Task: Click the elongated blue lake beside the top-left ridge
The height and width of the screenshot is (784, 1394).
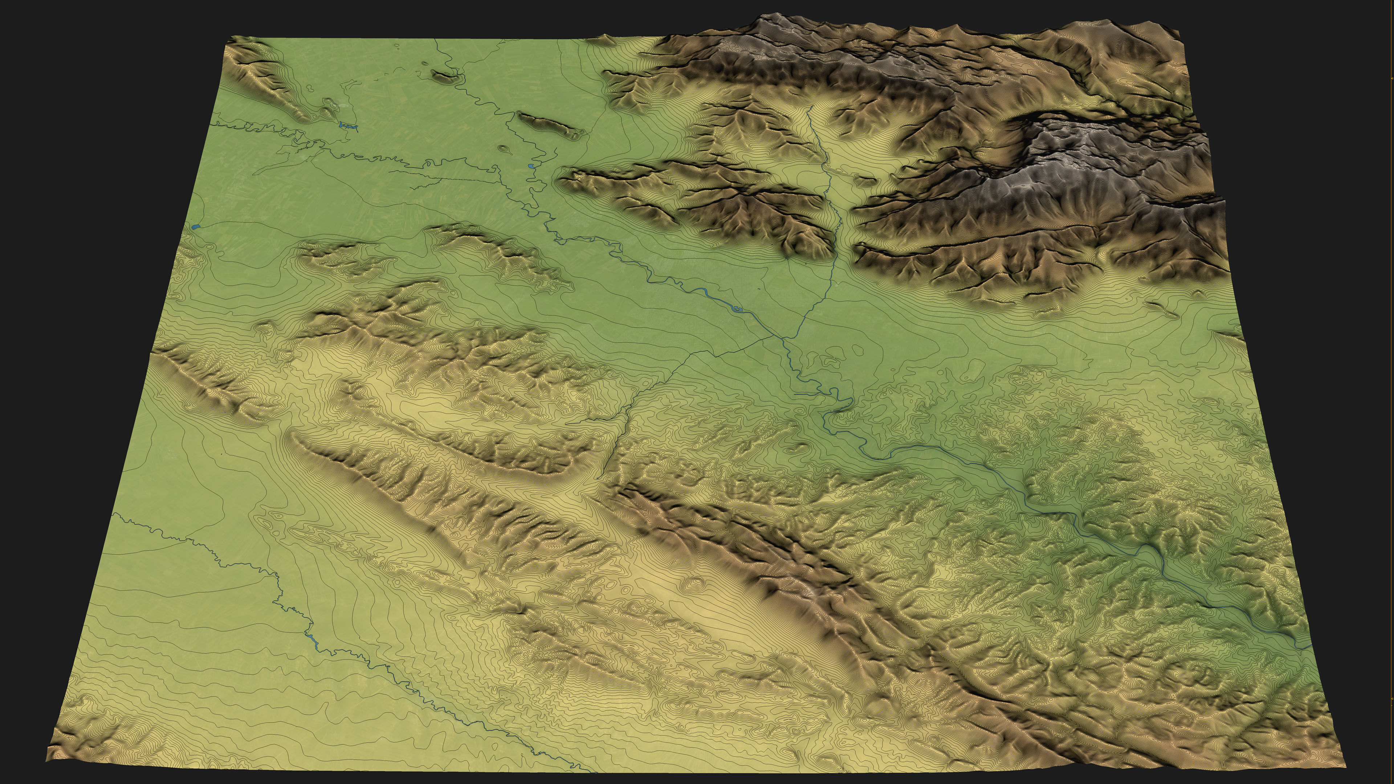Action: click(x=348, y=126)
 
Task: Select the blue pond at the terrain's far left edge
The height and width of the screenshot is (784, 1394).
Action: click(x=195, y=227)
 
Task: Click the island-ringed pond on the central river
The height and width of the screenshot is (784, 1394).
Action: click(x=738, y=309)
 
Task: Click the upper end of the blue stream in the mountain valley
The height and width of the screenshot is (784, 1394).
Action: click(x=808, y=108)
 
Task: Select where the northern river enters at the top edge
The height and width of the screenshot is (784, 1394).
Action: click(x=437, y=39)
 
